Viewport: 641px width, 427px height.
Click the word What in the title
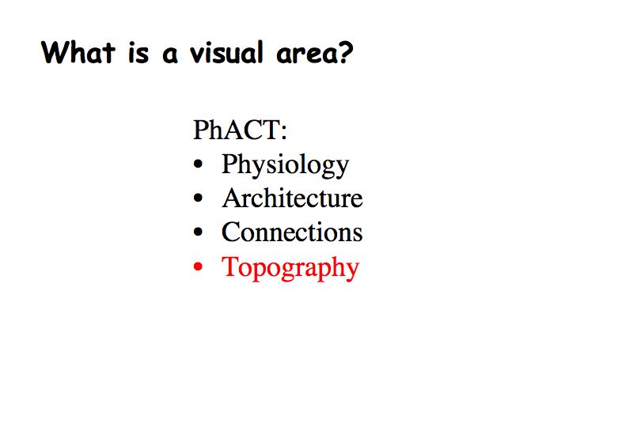click(78, 52)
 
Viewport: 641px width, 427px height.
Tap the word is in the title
click(138, 54)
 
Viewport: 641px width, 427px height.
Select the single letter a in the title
click(170, 56)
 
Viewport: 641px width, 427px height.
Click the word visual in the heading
click(226, 53)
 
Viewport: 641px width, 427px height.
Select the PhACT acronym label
click(237, 130)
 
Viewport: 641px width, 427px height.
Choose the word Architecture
click(292, 198)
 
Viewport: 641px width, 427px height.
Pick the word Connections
click(292, 232)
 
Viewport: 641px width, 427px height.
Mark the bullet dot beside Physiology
click(199, 164)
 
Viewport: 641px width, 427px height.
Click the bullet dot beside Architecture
click(199, 198)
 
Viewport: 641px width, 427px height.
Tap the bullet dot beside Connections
click(199, 232)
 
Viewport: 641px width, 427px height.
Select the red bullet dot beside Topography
click(199, 266)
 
